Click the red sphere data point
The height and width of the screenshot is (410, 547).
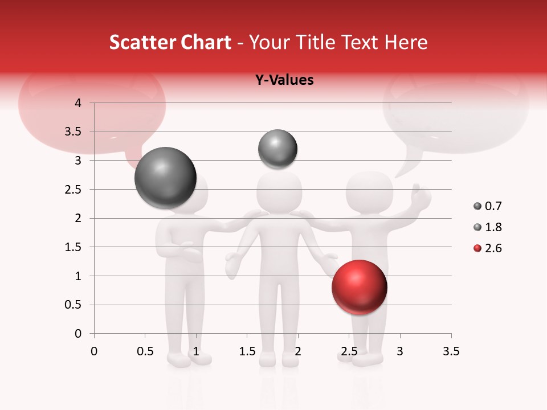[x=359, y=288]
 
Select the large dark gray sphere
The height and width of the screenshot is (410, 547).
[x=165, y=178]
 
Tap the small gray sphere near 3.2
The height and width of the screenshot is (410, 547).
[x=277, y=149]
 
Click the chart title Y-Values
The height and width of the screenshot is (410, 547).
[x=284, y=80]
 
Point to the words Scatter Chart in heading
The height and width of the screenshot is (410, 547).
[x=170, y=42]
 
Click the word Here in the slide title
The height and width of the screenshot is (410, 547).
[x=406, y=42]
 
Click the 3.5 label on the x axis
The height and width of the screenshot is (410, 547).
[x=451, y=351]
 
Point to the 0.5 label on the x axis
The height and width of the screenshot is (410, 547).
[x=145, y=351]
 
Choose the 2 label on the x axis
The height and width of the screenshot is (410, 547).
[x=297, y=351]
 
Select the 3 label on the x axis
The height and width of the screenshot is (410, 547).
[x=400, y=351]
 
